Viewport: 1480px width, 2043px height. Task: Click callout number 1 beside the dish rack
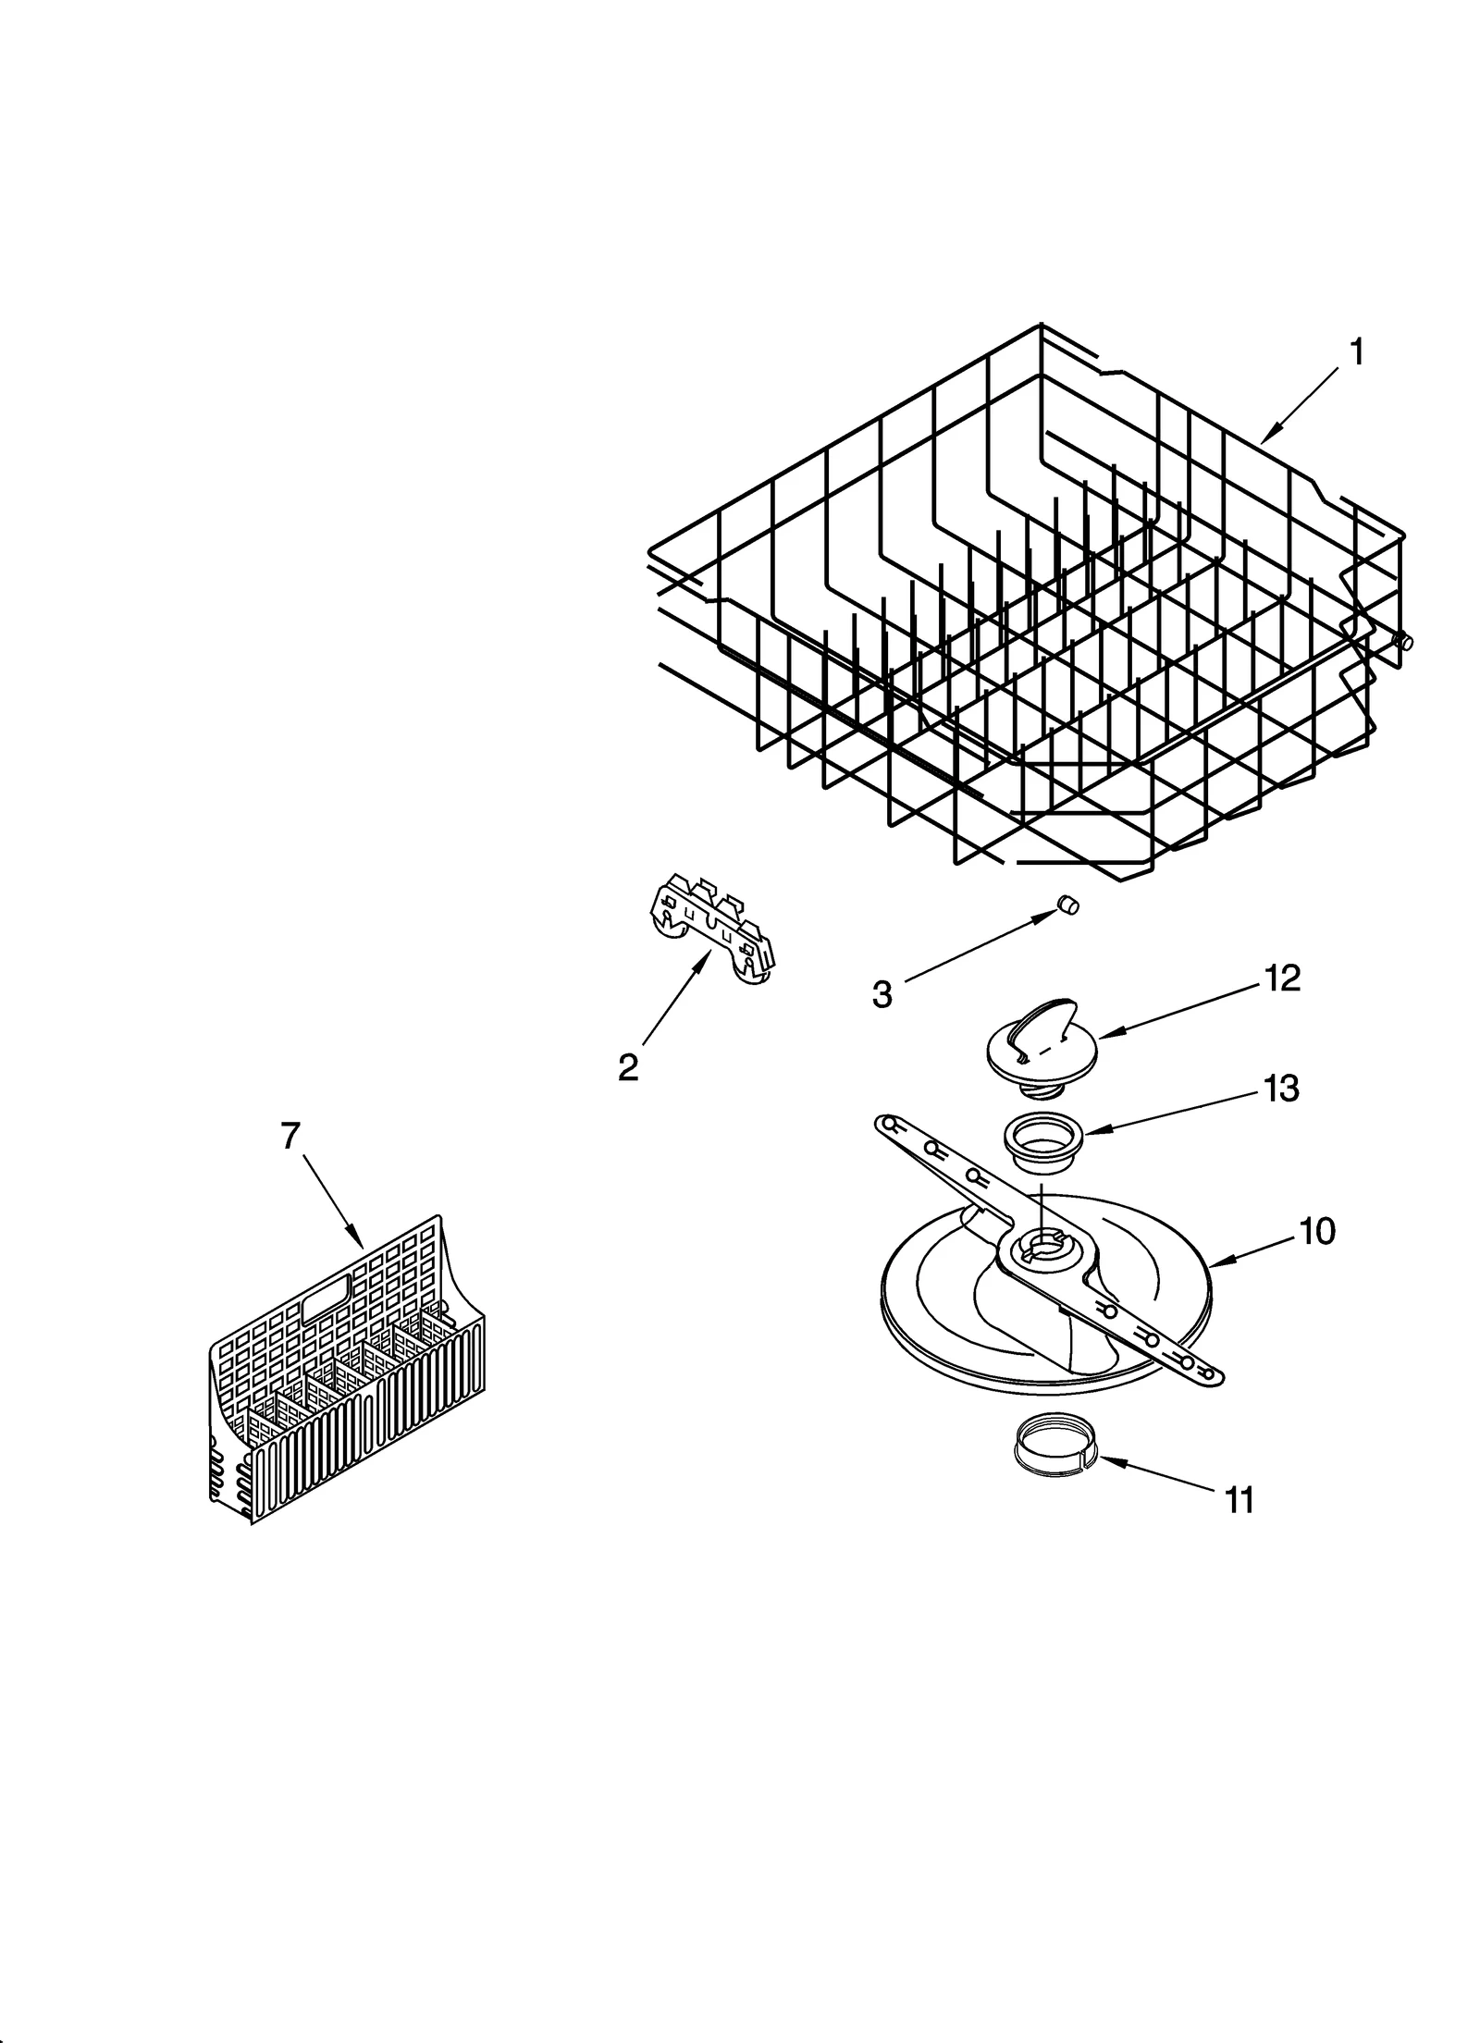coord(1356,352)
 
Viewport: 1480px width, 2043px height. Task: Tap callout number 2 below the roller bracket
coord(628,1068)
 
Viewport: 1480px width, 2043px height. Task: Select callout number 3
coord(882,995)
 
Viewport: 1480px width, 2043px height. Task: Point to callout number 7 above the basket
coord(290,1136)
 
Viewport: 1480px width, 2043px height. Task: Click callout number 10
coord(1316,1231)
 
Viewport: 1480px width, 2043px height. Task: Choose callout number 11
coord(1239,1500)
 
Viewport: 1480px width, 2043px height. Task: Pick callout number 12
coord(1282,978)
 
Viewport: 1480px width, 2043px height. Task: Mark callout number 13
coord(1281,1089)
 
